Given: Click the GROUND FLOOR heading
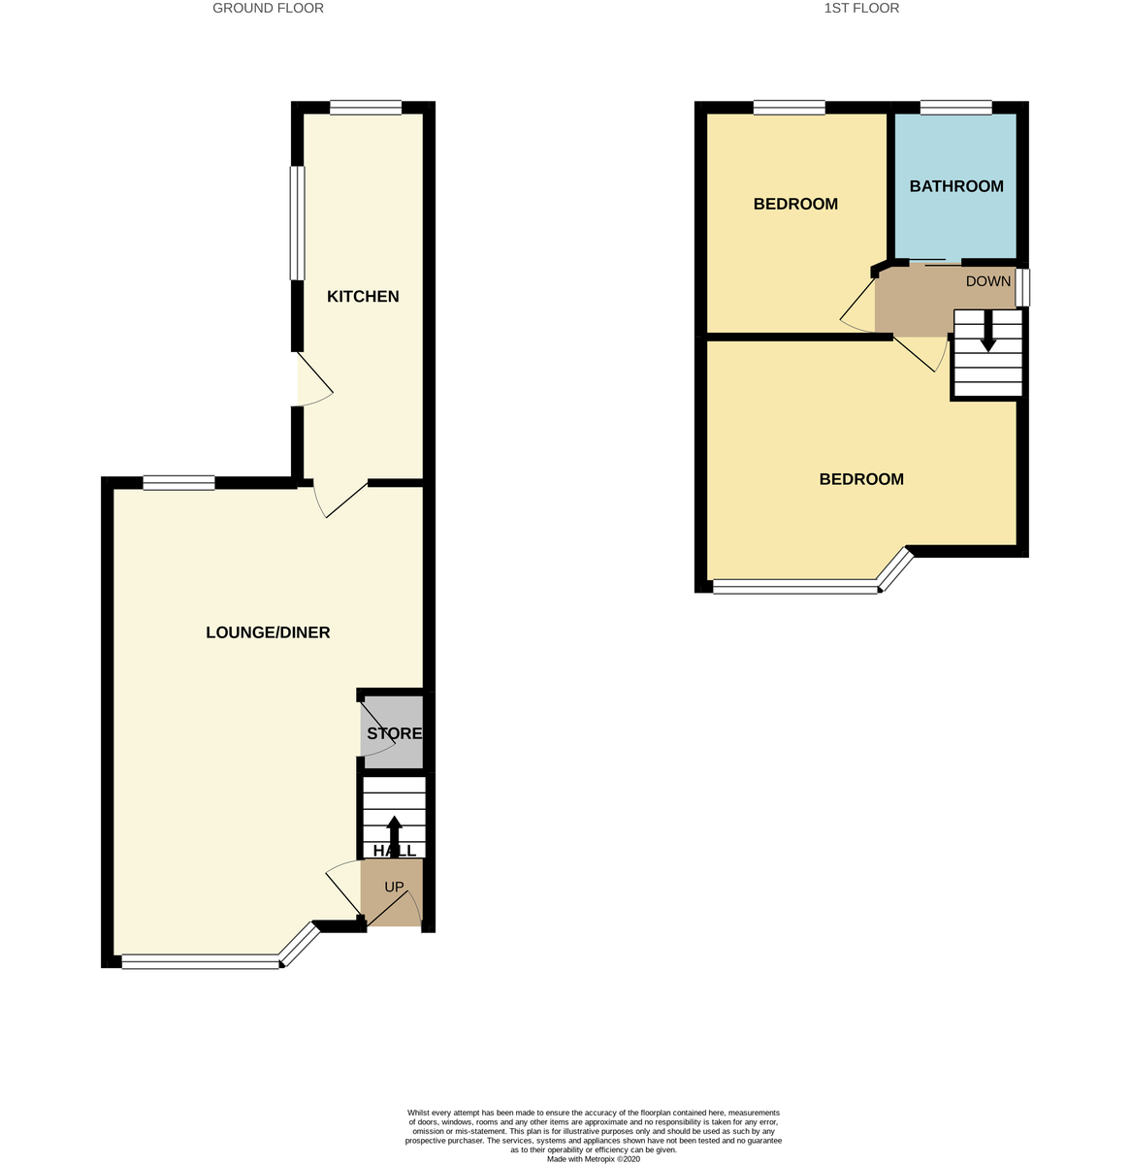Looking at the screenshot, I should pos(268,9).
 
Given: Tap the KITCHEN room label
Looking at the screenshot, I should pos(363,297).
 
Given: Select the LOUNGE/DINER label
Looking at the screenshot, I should pos(268,633).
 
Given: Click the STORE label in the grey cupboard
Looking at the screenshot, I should pos(394,734).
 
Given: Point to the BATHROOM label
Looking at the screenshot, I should pos(955,186).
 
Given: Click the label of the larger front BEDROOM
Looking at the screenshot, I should pos(861,479).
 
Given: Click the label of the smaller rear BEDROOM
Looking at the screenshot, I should pos(795,205).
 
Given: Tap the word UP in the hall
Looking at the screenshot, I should pos(394,887).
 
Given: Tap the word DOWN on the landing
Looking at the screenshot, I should pos(987,281).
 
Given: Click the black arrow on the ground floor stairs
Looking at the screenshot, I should pos(394,834).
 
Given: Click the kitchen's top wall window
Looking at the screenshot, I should pos(365,108).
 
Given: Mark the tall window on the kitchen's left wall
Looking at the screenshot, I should pos(299,223).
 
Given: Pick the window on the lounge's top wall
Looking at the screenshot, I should pos(178,483).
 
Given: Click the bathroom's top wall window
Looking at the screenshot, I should pos(955,108).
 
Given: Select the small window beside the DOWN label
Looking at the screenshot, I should pos(1023,288).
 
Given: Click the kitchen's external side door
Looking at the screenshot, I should pos(312,380).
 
